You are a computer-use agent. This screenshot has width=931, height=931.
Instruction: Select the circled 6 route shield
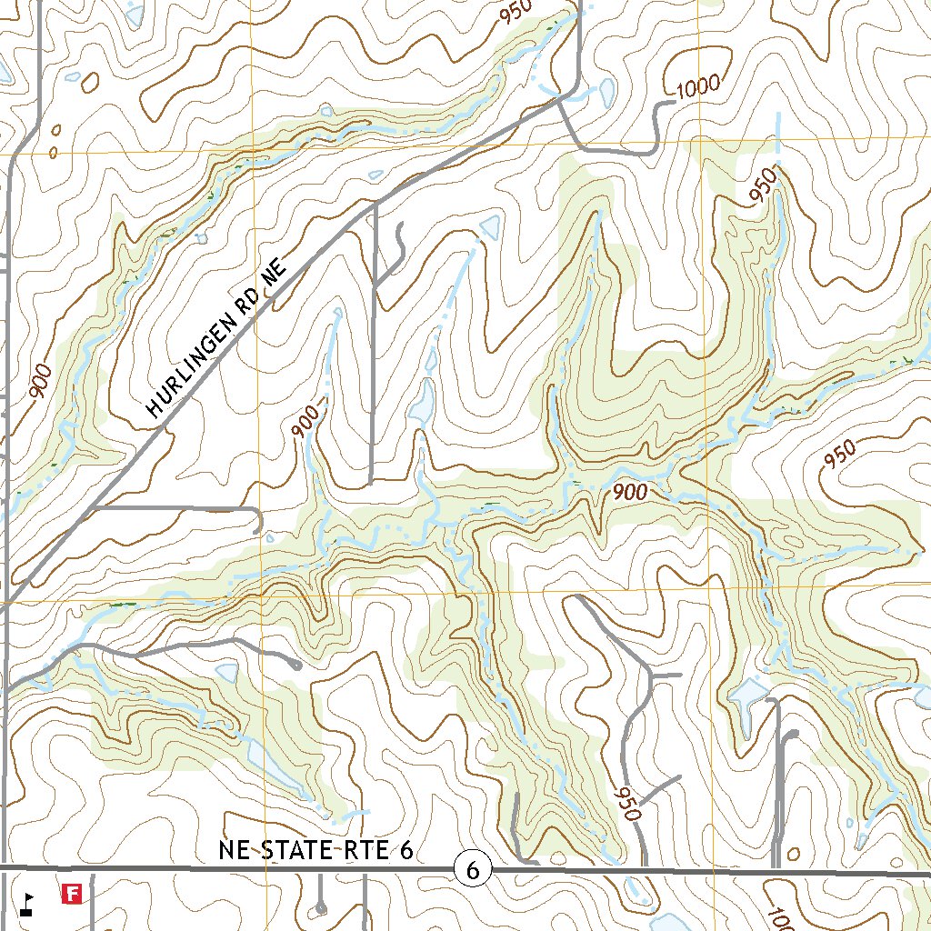[x=472, y=870]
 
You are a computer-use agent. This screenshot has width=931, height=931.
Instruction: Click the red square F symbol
[x=71, y=895]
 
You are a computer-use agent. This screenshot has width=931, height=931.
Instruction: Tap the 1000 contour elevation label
[x=698, y=87]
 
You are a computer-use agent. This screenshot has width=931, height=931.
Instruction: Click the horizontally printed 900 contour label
[x=629, y=492]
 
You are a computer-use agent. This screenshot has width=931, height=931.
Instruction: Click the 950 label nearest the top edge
[x=514, y=13]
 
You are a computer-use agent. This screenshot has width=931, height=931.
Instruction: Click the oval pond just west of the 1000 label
[x=606, y=91]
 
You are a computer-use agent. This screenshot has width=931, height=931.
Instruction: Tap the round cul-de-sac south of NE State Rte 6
[x=320, y=906]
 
